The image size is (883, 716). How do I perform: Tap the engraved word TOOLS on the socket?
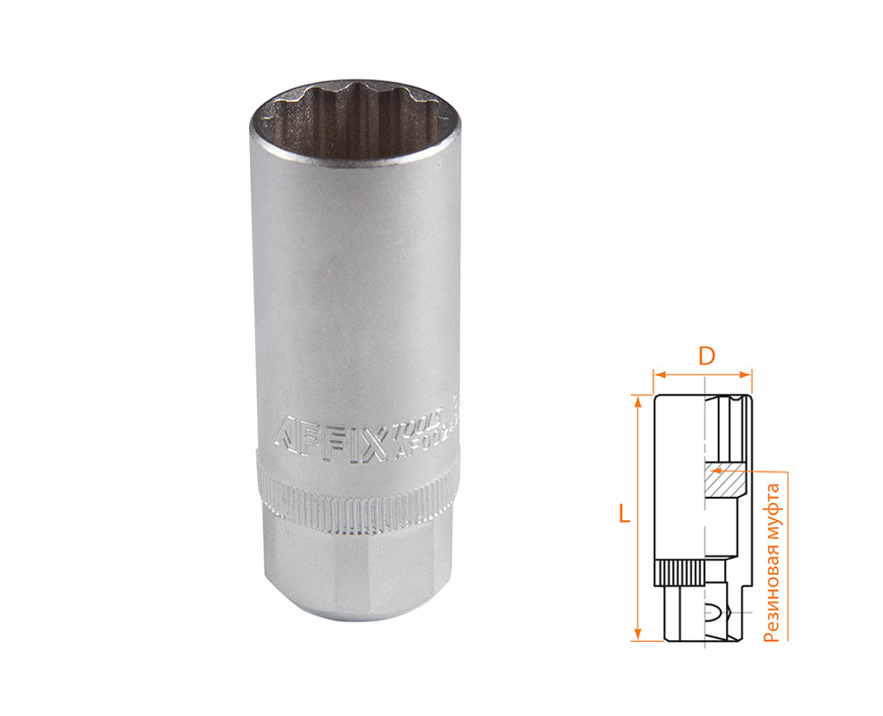[x=410, y=429]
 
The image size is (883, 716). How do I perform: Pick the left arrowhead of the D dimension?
[x=656, y=374]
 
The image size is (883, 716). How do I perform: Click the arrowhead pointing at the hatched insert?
[x=718, y=471]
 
